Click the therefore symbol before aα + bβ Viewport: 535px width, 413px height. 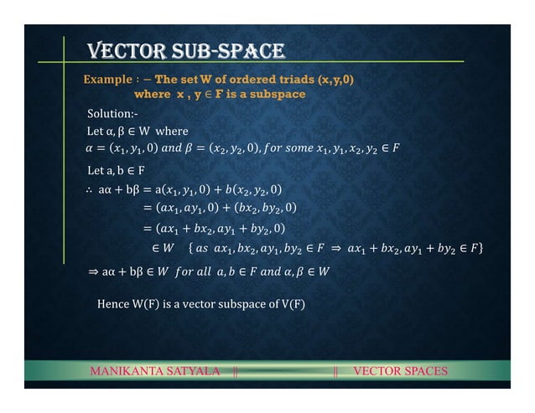pyautogui.click(x=91, y=189)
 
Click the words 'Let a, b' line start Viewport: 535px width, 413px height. pyautogui.click(x=107, y=171)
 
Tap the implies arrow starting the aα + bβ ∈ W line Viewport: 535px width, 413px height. pyautogui.click(x=91, y=271)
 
